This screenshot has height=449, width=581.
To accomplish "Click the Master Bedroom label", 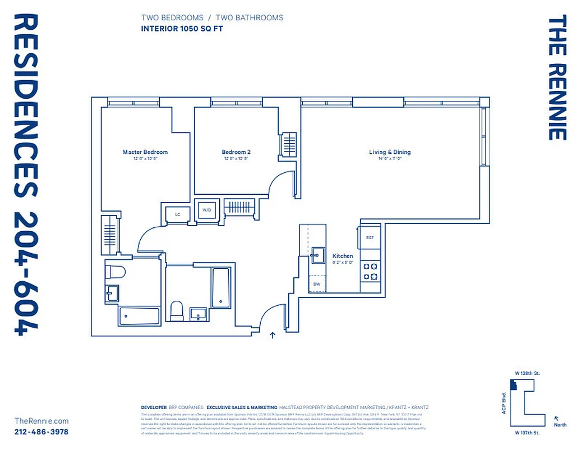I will coord(145,152).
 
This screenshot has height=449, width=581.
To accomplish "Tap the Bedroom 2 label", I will coord(236,152).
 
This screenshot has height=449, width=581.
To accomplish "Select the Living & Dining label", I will coord(390,152).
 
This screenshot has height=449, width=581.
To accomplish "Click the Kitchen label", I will coord(343,256).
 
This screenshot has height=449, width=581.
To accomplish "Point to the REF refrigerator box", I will coord(370,237).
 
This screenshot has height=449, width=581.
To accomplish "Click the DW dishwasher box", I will coord(317,285).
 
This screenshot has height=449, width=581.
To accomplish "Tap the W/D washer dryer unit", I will coord(206,210).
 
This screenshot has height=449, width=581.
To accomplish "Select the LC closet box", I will coord(178,214).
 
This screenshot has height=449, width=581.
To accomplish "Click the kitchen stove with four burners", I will coord(370,271).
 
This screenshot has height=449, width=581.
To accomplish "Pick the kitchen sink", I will coord(317,255).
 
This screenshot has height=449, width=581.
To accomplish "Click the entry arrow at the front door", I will coord(273,336).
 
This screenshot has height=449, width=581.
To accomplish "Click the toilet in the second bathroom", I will coord(177,310).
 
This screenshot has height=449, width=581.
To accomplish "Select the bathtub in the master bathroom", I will coord(139,315).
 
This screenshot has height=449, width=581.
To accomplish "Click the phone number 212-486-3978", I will coord(41,432).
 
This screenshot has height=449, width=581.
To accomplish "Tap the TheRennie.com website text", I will coord(41,421).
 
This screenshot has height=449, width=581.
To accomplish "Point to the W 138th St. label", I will coord(527,373).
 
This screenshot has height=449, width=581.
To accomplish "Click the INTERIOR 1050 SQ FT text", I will coord(182,28).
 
